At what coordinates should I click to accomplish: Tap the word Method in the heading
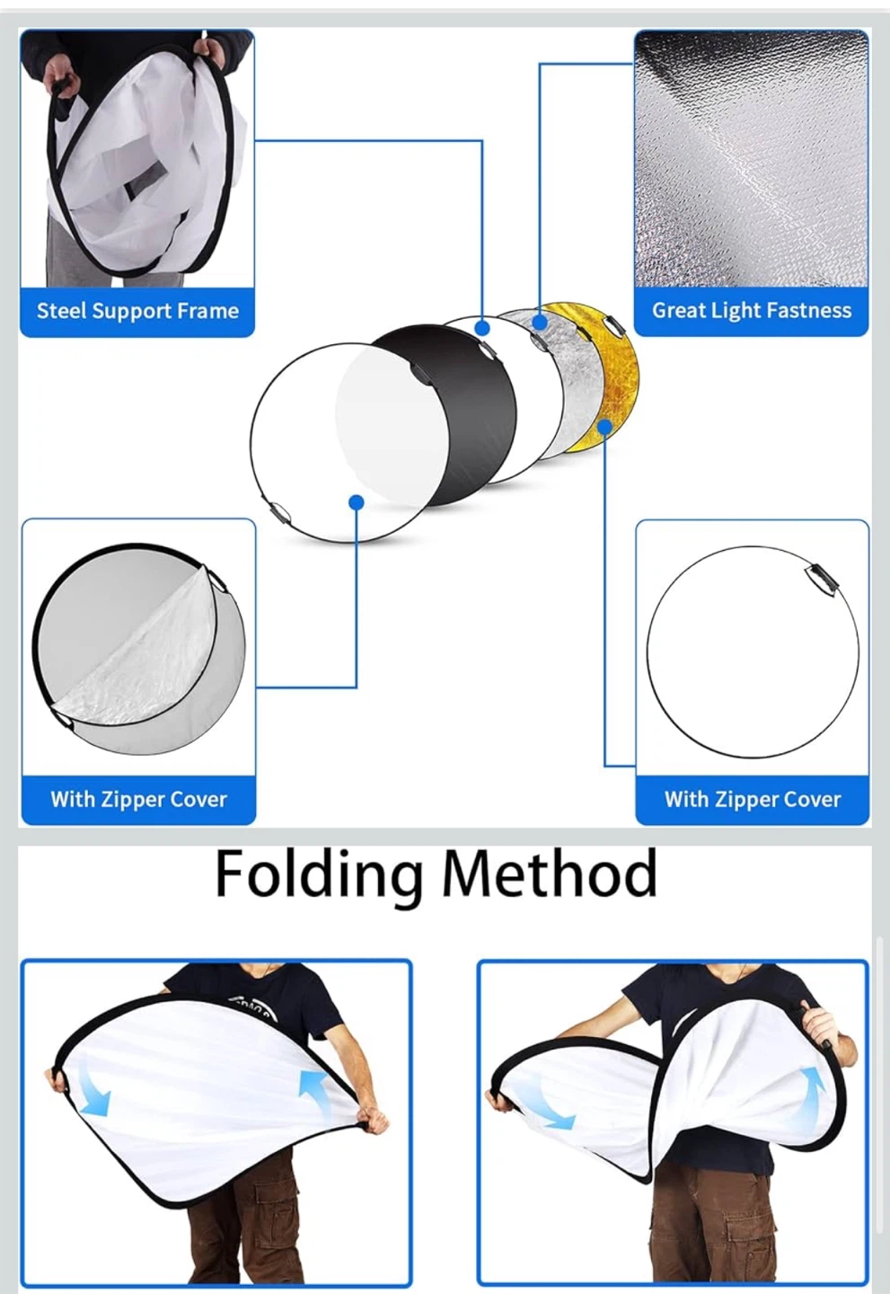tap(550, 873)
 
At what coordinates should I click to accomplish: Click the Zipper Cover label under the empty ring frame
tap(753, 800)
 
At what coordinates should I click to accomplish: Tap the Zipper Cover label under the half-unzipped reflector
tap(138, 800)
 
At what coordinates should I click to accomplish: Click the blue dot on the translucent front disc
tap(357, 502)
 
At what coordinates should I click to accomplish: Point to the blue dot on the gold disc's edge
tap(605, 427)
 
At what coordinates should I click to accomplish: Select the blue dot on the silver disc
tap(540, 322)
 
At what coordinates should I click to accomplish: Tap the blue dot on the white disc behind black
tap(482, 328)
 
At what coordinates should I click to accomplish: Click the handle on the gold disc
tap(612, 327)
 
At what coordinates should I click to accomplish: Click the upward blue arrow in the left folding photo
tap(316, 1085)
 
